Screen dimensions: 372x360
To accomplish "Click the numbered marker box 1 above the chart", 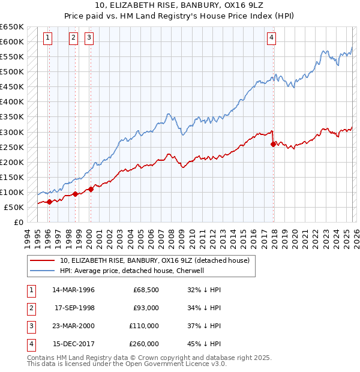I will tap(47, 38).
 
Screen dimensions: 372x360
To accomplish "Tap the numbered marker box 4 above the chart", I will tap(271, 38).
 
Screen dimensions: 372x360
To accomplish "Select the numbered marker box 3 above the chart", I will tap(89, 38).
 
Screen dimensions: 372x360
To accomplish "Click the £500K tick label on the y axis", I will tap(12, 72).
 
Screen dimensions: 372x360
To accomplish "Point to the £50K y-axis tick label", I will tap(14, 208).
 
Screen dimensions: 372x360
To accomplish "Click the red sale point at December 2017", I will tap(273, 144).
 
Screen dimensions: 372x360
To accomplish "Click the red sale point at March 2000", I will tap(91, 189).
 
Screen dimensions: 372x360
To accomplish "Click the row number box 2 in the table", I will tap(31, 308).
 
